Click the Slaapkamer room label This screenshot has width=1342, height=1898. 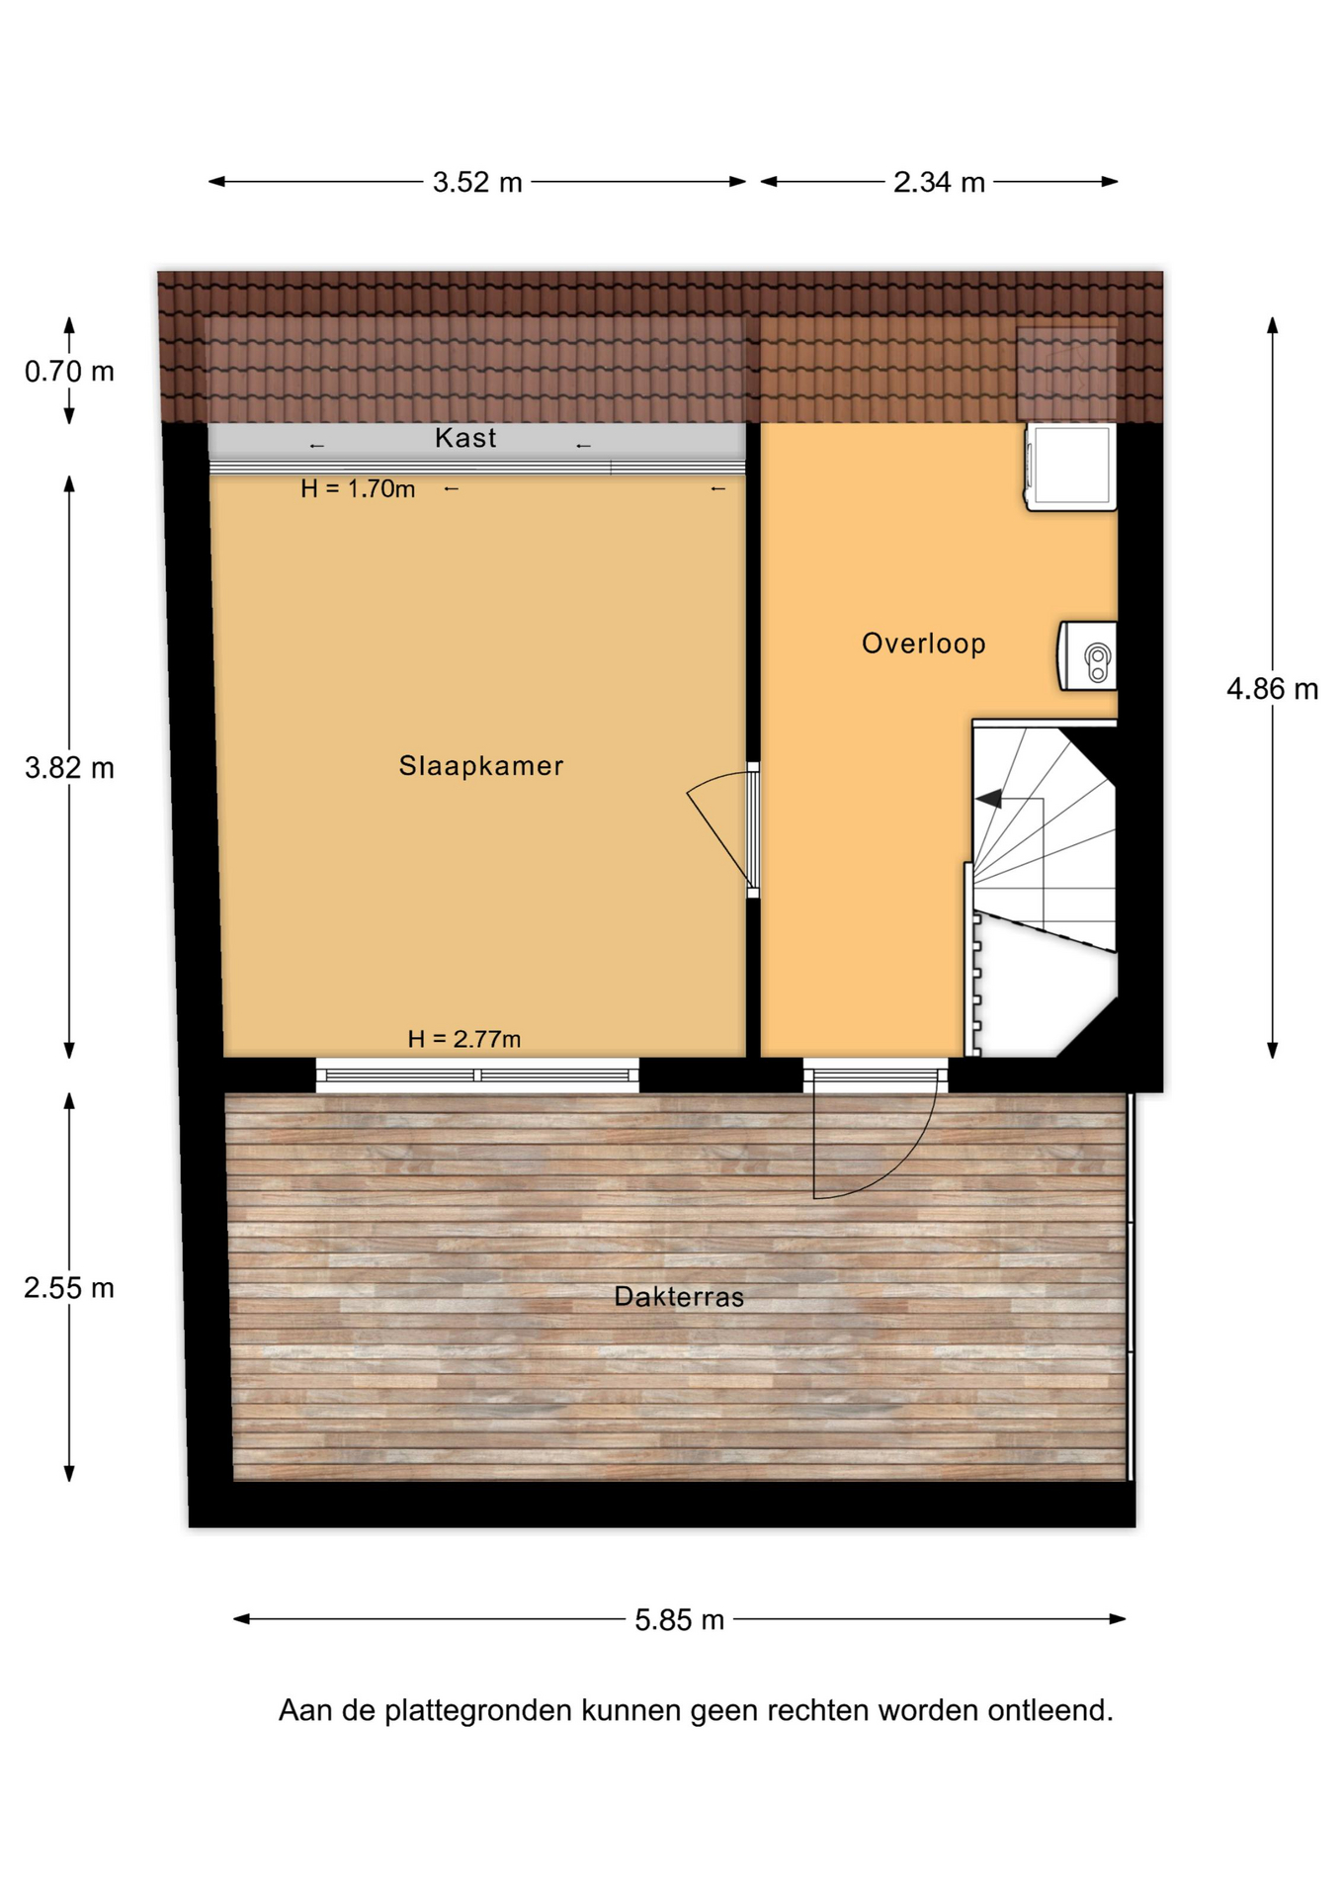(481, 766)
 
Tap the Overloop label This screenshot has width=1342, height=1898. (924, 644)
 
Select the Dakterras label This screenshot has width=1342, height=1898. (679, 1297)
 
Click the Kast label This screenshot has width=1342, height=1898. (465, 438)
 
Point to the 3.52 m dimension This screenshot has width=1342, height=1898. (477, 183)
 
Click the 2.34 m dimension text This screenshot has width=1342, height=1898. (939, 183)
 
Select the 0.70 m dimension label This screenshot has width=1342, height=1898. (69, 372)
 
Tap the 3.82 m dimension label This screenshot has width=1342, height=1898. (69, 768)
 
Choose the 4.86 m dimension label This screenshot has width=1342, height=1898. (1273, 689)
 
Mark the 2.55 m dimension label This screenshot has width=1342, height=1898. (69, 1288)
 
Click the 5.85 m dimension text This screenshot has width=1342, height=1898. (680, 1620)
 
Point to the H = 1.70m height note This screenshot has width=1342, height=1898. (358, 488)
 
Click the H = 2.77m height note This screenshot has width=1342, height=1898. (464, 1039)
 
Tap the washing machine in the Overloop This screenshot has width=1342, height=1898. (1071, 467)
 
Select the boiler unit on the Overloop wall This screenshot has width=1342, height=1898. (1088, 655)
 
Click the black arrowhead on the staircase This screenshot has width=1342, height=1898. (988, 798)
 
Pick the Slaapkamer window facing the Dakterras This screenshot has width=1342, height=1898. (477, 1075)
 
